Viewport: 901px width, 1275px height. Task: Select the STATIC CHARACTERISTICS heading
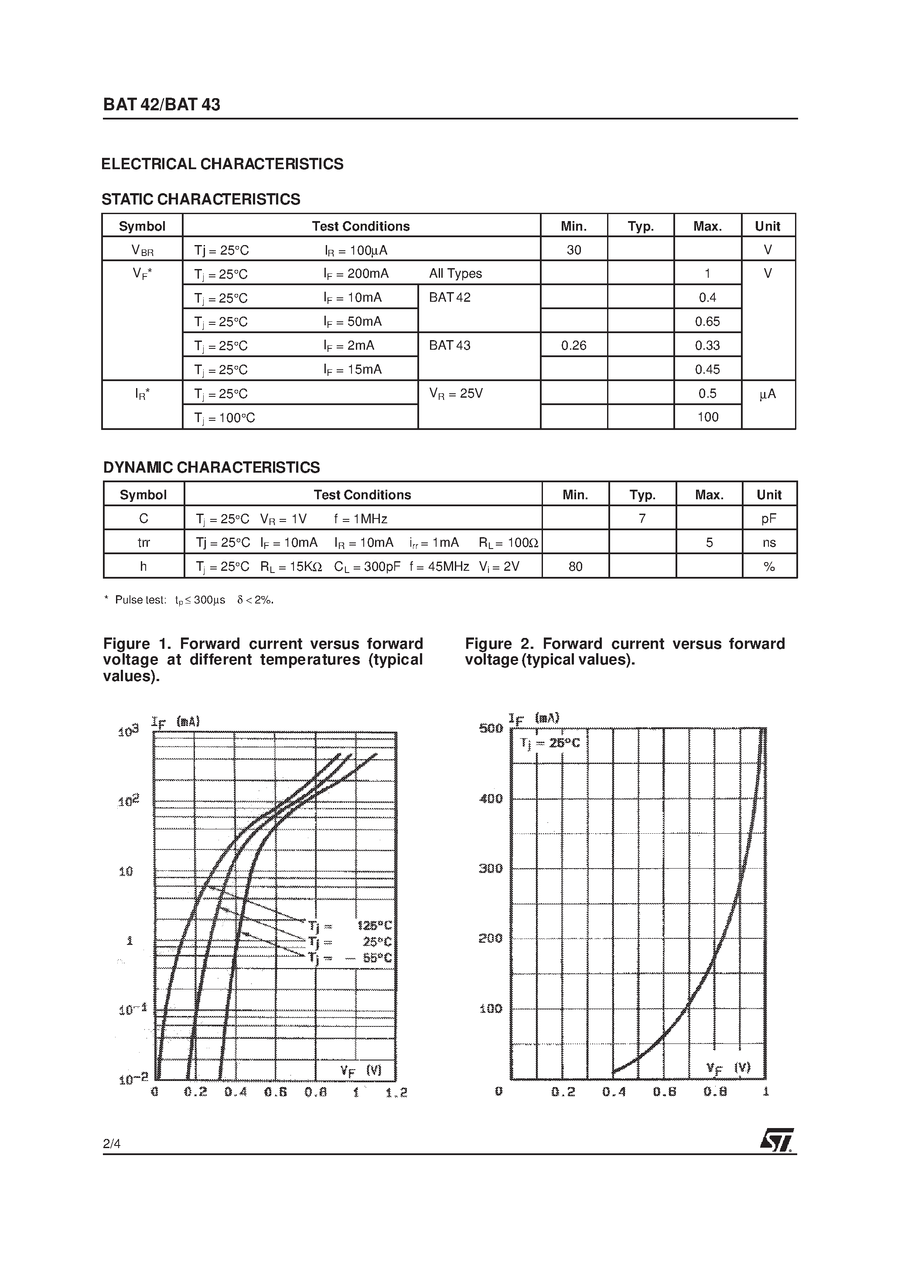coord(201,199)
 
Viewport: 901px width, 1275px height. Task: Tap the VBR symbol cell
coord(142,250)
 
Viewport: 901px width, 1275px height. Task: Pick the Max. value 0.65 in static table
coord(707,321)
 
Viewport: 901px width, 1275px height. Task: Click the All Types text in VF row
coord(455,273)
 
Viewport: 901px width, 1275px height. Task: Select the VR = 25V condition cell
coord(456,394)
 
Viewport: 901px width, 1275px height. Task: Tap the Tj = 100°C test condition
coord(225,418)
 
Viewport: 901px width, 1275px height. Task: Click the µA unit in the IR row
coord(767,394)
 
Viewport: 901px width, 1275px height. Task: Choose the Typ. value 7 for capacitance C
coord(642,518)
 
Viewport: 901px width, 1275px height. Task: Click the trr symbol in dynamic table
coord(143,542)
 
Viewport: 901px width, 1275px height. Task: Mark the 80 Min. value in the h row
coord(576,566)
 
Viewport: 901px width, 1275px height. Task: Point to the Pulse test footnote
coord(189,600)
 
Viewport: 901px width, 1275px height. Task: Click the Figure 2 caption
coord(625,651)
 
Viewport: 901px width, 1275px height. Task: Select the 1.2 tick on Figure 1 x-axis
coord(396,1092)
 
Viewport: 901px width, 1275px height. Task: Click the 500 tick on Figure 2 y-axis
coord(491,728)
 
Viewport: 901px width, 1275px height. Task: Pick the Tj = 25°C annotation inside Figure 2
coord(550,743)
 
